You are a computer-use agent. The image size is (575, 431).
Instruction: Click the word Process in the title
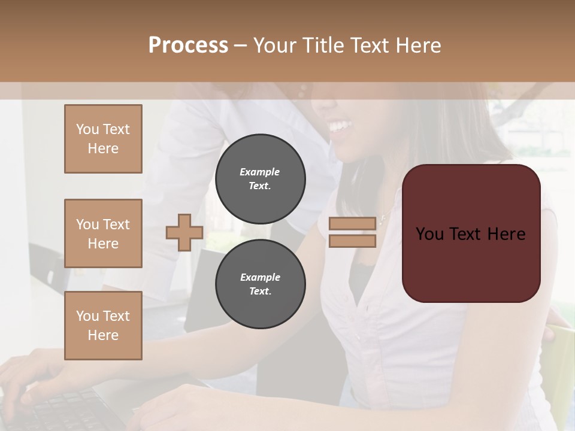pos(188,45)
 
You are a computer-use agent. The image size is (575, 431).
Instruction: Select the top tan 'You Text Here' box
pos(103,139)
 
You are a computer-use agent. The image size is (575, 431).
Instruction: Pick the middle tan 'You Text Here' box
pos(103,233)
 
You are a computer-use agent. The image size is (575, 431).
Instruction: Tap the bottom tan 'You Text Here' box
pos(103,326)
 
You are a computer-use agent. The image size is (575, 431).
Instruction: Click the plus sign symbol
pos(184,232)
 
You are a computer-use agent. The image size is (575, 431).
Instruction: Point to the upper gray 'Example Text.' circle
pos(260,178)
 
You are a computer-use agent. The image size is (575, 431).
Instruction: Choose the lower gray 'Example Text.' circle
pos(260,284)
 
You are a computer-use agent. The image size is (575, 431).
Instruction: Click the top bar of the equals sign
pos(352,223)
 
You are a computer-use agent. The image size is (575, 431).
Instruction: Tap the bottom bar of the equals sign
pos(352,241)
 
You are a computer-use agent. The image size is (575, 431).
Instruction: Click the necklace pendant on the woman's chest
pos(382,220)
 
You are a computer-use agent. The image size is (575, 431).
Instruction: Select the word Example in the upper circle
pos(260,172)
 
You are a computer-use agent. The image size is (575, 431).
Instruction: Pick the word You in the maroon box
pos(429,233)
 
